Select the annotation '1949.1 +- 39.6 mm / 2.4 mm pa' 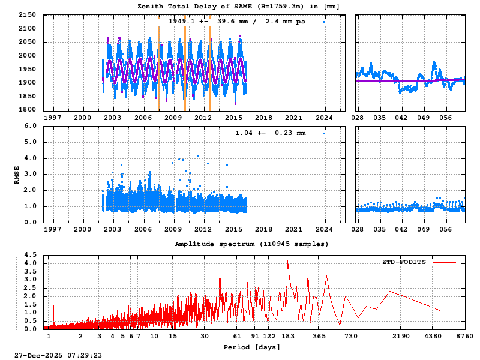pyautogui.click(x=236, y=21)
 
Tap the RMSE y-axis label pyautogui.click(x=17, y=174)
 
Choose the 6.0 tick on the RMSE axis pyautogui.click(x=30, y=126)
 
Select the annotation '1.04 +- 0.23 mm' pyautogui.click(x=270, y=133)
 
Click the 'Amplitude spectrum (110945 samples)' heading pyautogui.click(x=251, y=244)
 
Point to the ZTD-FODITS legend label pyautogui.click(x=404, y=262)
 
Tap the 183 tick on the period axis pyautogui.click(x=287, y=336)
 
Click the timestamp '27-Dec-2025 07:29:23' pyautogui.click(x=58, y=355)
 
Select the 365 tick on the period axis pyautogui.click(x=320, y=336)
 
